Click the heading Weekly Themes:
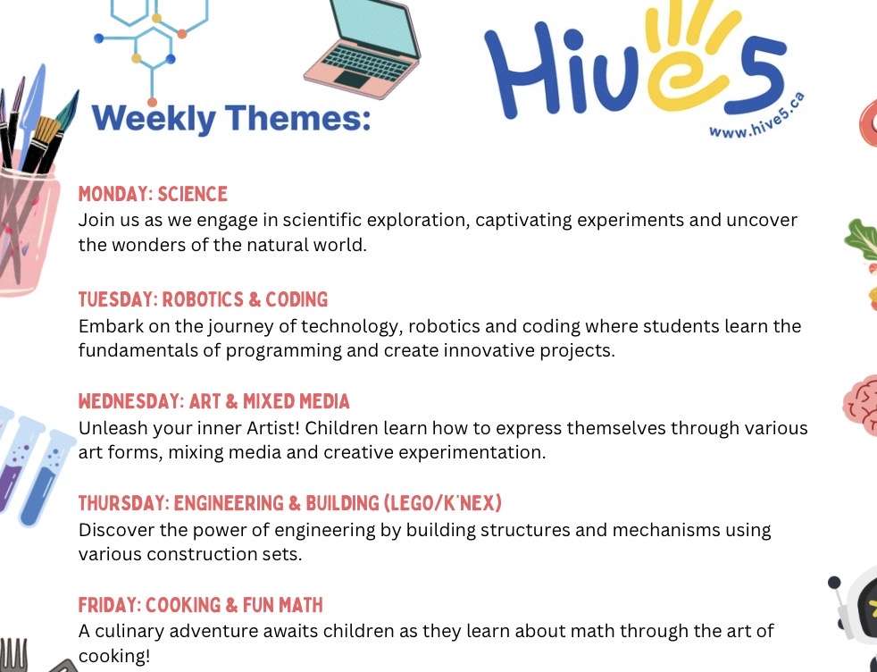231,119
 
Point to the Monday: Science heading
153,194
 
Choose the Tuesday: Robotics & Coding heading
203,299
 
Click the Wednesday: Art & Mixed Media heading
213,401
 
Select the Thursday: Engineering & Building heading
289,504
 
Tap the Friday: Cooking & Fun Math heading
200,605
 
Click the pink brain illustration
860,405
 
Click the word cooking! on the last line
114,656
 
